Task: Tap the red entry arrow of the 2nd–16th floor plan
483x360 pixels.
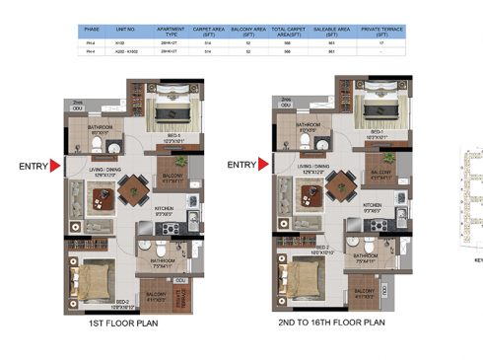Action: [x=263, y=165]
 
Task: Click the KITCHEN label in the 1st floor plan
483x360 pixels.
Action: [x=165, y=208]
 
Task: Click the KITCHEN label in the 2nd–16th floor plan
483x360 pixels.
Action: [x=373, y=205]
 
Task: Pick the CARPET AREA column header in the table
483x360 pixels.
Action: [x=206, y=32]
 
